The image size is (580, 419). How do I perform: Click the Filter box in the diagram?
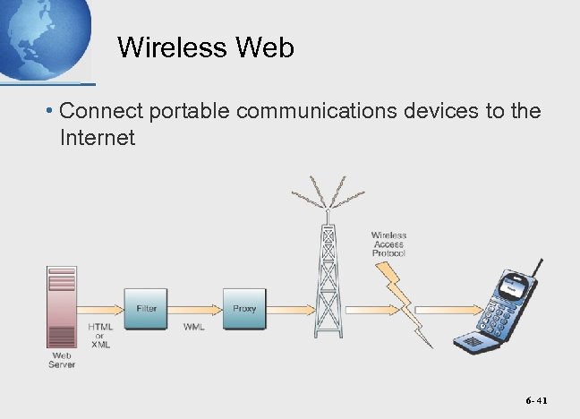tap(147, 308)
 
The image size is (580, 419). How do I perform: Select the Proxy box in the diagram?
tap(244, 308)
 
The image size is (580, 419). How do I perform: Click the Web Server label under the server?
tap(62, 360)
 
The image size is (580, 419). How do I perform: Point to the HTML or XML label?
tap(99, 336)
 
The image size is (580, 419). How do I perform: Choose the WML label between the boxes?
tap(194, 327)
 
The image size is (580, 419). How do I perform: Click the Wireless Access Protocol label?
tap(388, 244)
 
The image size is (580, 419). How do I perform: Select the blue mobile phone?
tap(499, 309)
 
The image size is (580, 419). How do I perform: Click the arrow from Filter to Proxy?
tap(194, 309)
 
